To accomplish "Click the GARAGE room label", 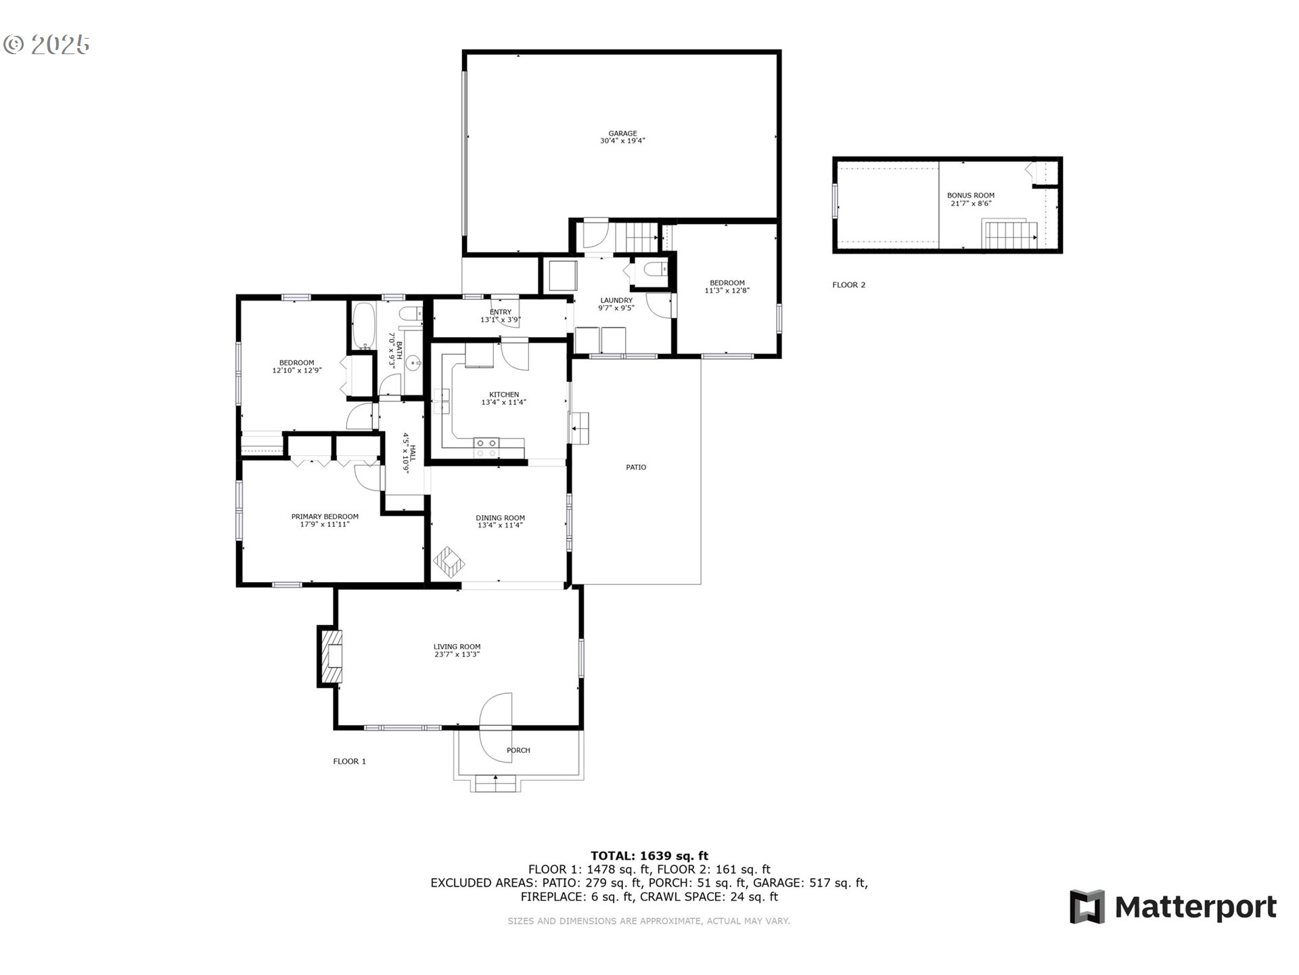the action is [x=622, y=133].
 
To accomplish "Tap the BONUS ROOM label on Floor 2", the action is [x=970, y=195].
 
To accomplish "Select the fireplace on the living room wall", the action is [x=330, y=657].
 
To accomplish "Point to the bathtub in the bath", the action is [x=364, y=326].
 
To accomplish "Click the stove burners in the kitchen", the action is [x=486, y=447].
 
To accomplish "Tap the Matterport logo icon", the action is [x=1087, y=907].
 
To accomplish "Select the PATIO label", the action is [x=636, y=467].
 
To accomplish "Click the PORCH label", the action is [x=518, y=750].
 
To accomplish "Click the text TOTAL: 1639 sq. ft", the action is [x=649, y=856].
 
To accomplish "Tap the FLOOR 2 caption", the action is [x=848, y=285].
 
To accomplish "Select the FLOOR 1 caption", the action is [x=349, y=761].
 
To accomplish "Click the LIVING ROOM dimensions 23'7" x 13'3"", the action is [x=457, y=655].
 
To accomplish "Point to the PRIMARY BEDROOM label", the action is [x=325, y=517].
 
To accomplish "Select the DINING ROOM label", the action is [x=500, y=518].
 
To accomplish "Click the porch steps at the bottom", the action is [x=496, y=783].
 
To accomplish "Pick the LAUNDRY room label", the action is [x=616, y=301].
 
